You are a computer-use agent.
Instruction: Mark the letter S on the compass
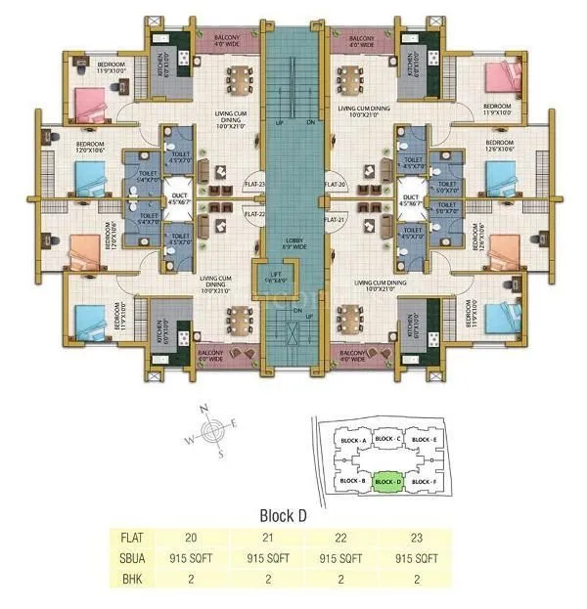click(x=222, y=454)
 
